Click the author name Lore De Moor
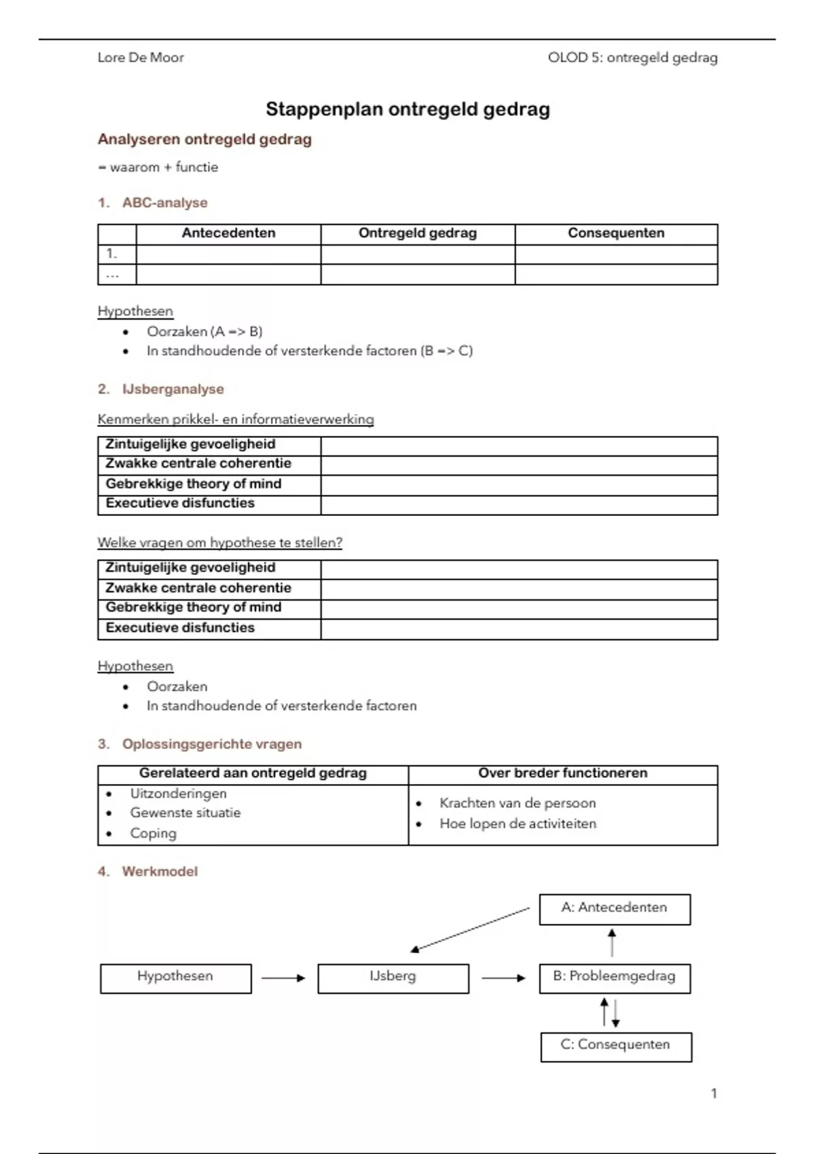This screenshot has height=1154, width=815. pyautogui.click(x=141, y=58)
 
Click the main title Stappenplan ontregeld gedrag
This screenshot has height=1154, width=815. pyautogui.click(x=407, y=109)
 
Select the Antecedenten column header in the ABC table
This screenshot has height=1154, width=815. pyautogui.click(x=228, y=234)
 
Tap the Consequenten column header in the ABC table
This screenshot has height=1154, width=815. pyautogui.click(x=616, y=234)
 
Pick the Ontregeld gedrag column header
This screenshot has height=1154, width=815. pyautogui.click(x=418, y=234)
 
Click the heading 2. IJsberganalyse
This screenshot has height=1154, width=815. pyautogui.click(x=161, y=390)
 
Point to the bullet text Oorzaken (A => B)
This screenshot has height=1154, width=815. pyautogui.click(x=204, y=332)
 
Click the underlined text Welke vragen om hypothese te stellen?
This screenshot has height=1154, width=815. pyautogui.click(x=219, y=543)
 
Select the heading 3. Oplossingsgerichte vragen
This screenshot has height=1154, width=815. pyautogui.click(x=200, y=745)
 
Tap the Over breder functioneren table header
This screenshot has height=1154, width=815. pyautogui.click(x=562, y=773)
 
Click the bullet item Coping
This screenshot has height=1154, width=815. pyautogui.click(x=153, y=834)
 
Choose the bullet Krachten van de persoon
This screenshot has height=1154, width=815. pyautogui.click(x=518, y=804)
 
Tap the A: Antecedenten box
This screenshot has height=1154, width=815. pyautogui.click(x=615, y=909)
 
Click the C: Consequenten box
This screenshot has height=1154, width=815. pyautogui.click(x=616, y=1046)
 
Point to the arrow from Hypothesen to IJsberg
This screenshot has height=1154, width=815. pyautogui.click(x=284, y=978)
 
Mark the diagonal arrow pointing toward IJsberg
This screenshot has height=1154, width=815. pyautogui.click(x=470, y=929)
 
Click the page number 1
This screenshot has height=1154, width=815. pyautogui.click(x=714, y=1094)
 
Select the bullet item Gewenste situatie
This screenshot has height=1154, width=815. pyautogui.click(x=185, y=813)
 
